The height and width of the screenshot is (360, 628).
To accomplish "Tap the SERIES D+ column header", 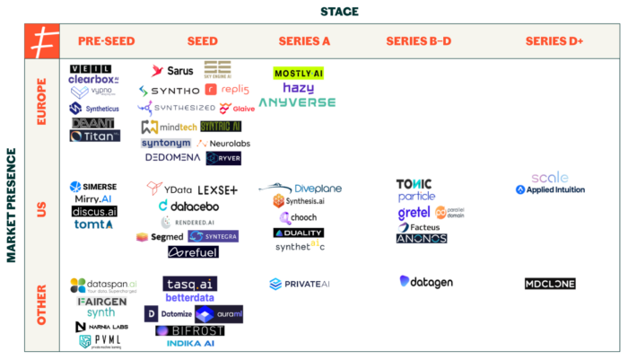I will tap(554, 41).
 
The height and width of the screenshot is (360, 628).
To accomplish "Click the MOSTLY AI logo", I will tap(300, 72).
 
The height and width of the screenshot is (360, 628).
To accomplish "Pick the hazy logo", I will tap(298, 88).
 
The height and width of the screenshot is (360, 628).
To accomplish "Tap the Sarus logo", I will tap(172, 71).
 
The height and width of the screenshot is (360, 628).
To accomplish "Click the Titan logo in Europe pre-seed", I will tap(94, 136).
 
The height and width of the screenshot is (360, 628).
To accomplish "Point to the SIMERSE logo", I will tap(93, 187).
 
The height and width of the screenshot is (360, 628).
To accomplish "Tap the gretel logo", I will tap(414, 214).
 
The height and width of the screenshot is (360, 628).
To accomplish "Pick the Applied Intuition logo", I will tap(550, 190).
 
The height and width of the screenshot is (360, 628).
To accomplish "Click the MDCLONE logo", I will tap(550, 284).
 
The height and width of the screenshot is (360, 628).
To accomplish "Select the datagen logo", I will tap(426, 282).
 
